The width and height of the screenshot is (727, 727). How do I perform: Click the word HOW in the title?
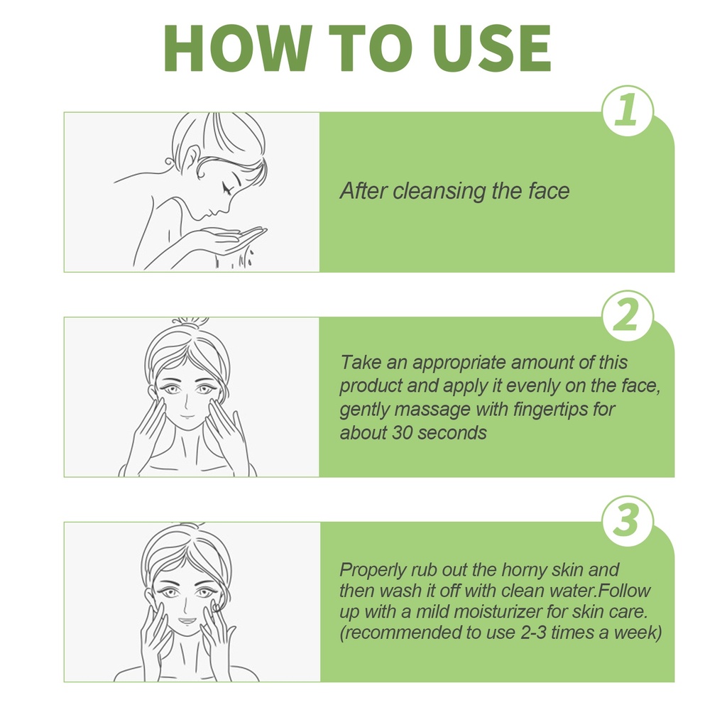(x=237, y=48)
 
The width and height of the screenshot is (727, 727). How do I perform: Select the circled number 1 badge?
(x=628, y=111)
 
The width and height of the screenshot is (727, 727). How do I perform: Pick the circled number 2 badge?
(x=628, y=316)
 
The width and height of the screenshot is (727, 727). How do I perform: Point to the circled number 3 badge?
(x=628, y=520)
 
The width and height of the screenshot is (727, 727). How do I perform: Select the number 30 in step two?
(x=403, y=433)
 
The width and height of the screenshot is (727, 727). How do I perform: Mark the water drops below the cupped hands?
(x=234, y=260)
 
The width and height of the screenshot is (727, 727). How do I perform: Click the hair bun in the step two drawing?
(x=190, y=322)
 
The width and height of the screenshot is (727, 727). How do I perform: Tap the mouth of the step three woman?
(x=187, y=621)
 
